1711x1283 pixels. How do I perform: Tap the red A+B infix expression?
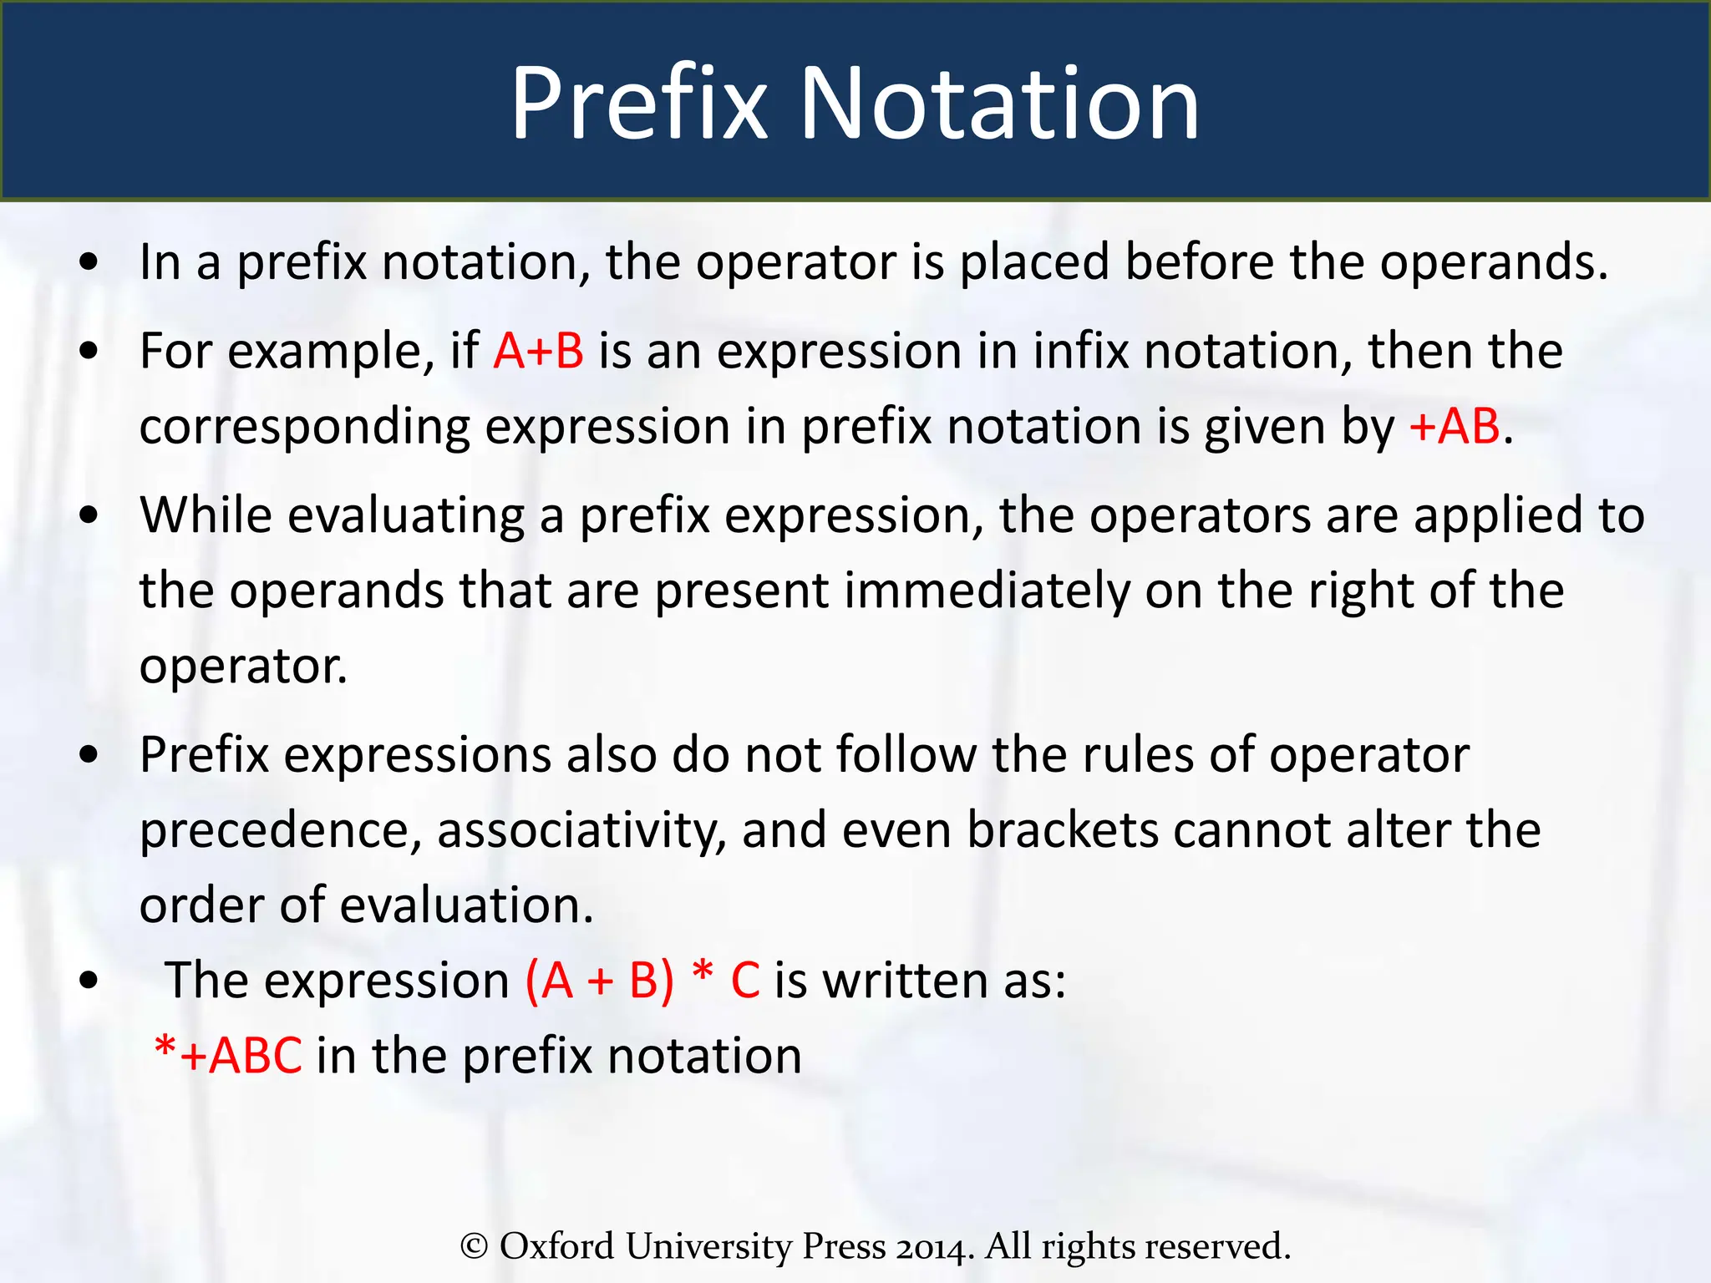[538, 351]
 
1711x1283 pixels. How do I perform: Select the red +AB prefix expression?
[1455, 426]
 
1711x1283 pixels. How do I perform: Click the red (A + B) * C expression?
[642, 980]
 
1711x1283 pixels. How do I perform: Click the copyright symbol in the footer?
[474, 1246]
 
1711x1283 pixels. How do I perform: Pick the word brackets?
[1062, 830]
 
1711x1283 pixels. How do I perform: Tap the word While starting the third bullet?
[206, 515]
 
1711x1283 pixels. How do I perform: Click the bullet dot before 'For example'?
[89, 351]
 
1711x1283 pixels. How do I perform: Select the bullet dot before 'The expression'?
[89, 981]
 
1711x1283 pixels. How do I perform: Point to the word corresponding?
[305, 428]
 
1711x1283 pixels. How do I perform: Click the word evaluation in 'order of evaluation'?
[466, 905]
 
